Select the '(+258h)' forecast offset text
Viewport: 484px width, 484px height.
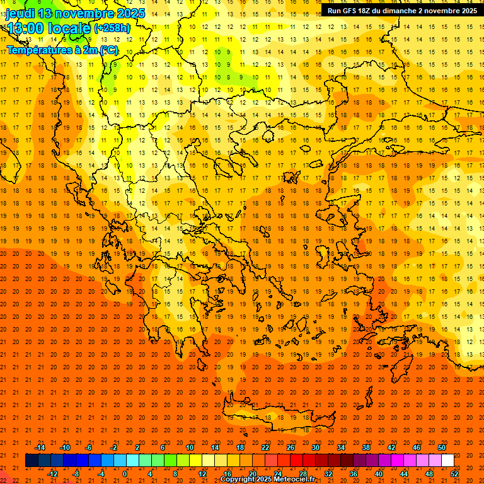[112, 28]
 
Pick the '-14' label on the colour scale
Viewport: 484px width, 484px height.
[40, 447]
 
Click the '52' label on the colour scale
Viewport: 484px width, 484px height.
[454, 474]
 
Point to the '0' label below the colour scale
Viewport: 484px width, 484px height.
[125, 474]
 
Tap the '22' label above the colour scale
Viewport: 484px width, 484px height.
[265, 447]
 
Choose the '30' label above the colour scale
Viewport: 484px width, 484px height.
[315, 447]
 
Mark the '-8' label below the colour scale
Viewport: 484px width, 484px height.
[77, 474]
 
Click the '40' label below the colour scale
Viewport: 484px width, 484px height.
[379, 474]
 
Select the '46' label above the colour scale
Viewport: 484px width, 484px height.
[417, 447]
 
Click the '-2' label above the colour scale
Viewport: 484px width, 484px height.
[114, 447]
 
